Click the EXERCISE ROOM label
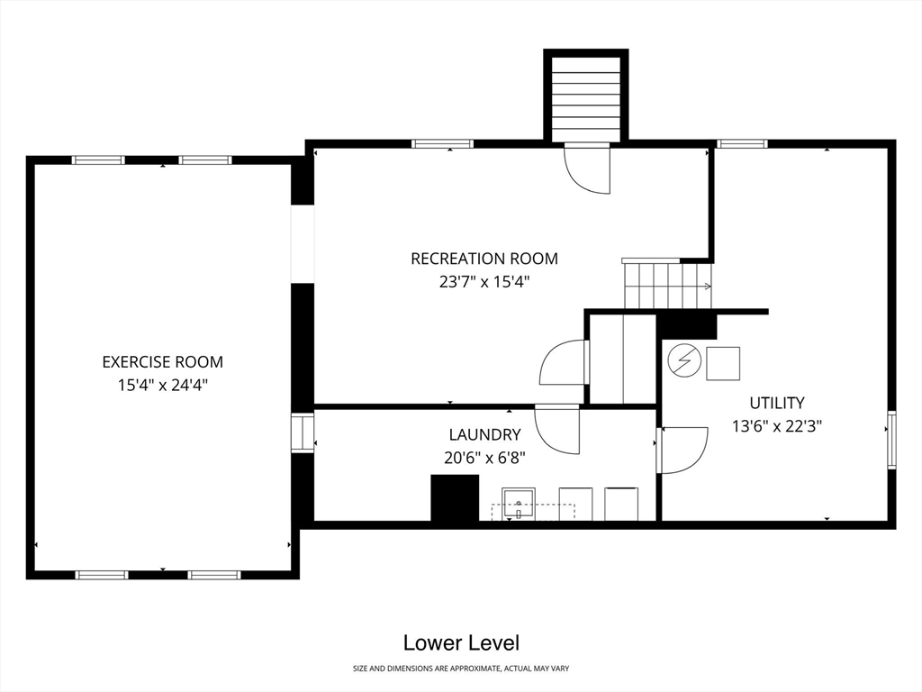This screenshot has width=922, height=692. click(x=163, y=361)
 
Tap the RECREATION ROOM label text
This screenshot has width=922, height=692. click(x=484, y=259)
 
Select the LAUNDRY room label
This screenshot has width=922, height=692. click(x=484, y=434)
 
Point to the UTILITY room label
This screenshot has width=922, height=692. click(x=777, y=403)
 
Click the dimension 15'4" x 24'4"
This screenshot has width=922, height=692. click(x=163, y=385)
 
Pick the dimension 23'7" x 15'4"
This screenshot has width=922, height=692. click(x=484, y=282)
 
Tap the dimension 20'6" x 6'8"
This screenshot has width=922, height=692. click(x=484, y=457)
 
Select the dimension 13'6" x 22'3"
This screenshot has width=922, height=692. click(x=777, y=425)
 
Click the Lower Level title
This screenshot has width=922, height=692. click(x=461, y=642)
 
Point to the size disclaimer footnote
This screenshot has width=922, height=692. click(x=461, y=669)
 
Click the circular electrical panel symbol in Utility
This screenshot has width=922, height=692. click(x=684, y=361)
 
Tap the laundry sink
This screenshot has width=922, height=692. click(x=518, y=505)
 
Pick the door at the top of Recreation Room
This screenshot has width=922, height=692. click(x=587, y=168)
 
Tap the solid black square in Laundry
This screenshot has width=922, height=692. click(x=455, y=497)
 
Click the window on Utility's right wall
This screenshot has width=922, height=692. click(x=891, y=440)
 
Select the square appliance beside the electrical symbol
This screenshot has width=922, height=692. click(x=723, y=363)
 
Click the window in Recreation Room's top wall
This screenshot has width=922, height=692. click(x=442, y=144)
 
